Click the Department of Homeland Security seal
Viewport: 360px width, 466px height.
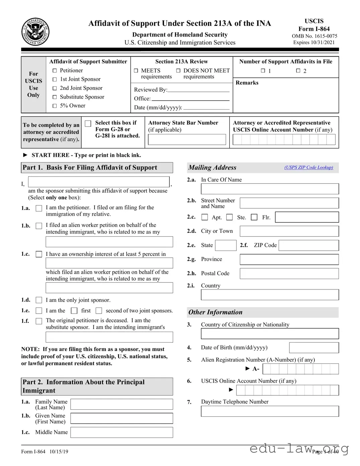click(35, 32)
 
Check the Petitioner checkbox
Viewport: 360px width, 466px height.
click(55, 71)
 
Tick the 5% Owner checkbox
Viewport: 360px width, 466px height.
click(55, 106)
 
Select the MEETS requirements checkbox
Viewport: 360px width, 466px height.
click(136, 71)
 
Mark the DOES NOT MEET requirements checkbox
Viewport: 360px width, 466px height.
click(178, 71)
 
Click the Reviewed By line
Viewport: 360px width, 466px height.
click(198, 89)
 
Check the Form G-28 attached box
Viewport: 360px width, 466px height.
click(88, 124)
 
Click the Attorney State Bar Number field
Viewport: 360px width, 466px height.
click(187, 139)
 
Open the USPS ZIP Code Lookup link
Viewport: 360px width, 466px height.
click(308, 168)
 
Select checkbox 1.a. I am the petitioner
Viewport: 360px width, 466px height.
click(39, 208)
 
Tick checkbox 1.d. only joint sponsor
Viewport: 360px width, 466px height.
click(39, 300)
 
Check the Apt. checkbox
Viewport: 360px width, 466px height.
click(205, 217)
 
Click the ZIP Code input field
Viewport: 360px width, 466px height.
click(308, 245)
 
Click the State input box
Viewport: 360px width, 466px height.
click(225, 245)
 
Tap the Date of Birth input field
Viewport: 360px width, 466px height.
click(314, 348)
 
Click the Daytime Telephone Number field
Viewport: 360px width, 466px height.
click(270, 411)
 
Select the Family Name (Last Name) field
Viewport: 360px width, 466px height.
click(122, 404)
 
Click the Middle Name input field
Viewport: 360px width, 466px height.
click(122, 432)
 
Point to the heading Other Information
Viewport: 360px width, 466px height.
click(215, 312)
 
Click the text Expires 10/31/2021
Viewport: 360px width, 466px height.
click(314, 43)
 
